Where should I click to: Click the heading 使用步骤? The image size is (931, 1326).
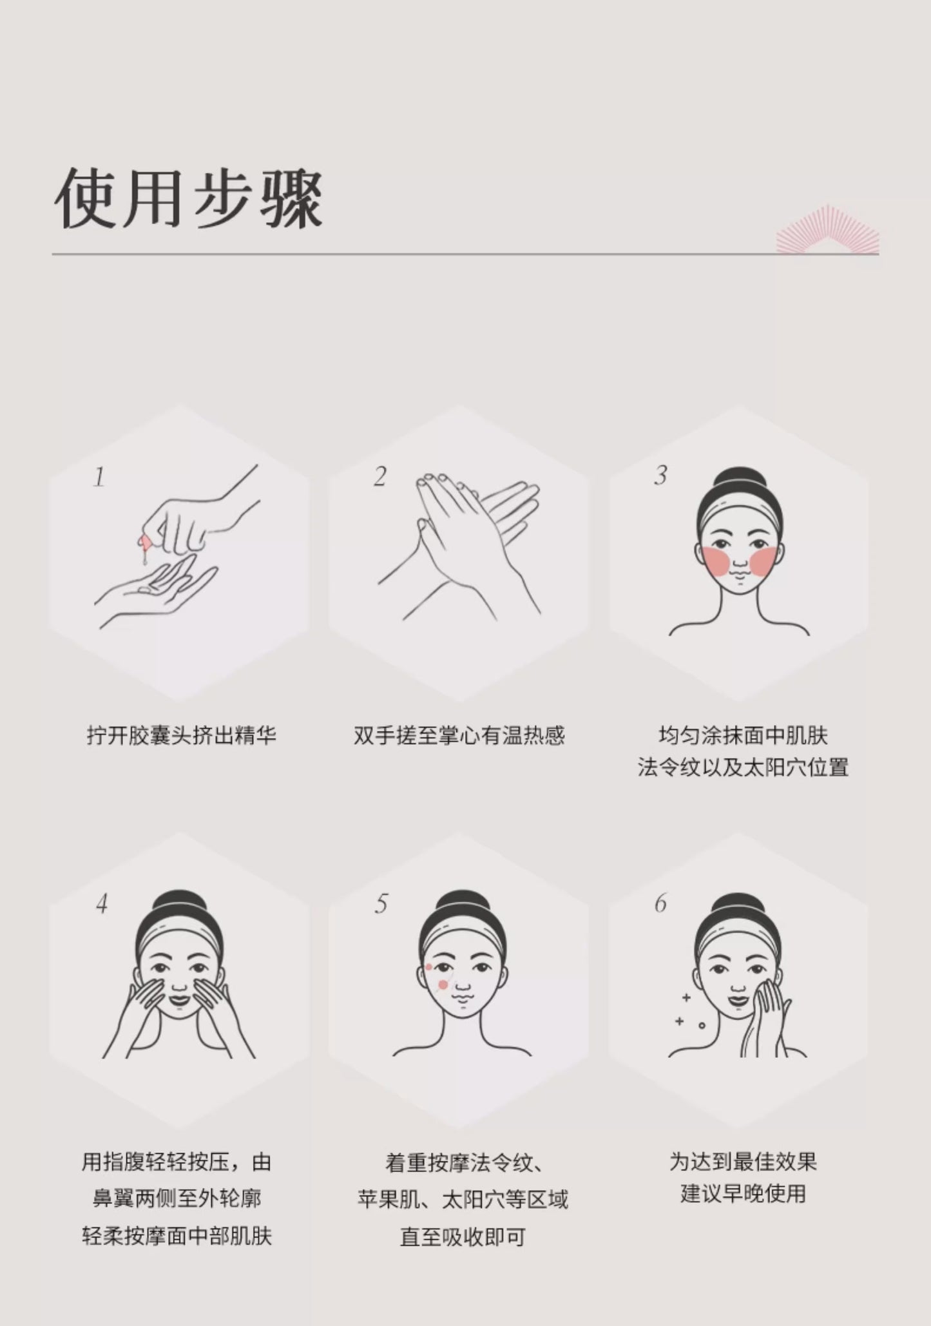point(188,198)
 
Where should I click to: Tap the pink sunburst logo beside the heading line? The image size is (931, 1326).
point(827,230)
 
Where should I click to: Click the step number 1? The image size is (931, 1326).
point(99,477)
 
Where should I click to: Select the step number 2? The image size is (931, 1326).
point(380,477)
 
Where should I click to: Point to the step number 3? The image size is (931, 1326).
point(660,476)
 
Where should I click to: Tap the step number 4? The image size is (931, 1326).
point(102,904)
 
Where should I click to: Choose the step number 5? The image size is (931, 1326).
point(381,904)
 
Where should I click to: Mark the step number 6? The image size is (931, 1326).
point(660,903)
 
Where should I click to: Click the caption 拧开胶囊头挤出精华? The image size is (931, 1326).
point(182,735)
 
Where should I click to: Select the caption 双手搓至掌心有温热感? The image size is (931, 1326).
point(459,735)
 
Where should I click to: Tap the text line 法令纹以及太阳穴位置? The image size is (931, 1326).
point(743,767)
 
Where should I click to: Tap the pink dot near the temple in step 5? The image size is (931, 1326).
point(428,966)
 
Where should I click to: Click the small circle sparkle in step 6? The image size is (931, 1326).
point(702,1025)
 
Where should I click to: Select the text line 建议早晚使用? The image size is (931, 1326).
point(743,1193)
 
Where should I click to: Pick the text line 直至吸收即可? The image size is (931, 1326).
point(463,1237)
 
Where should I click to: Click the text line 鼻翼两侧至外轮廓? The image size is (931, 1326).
point(177,1198)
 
